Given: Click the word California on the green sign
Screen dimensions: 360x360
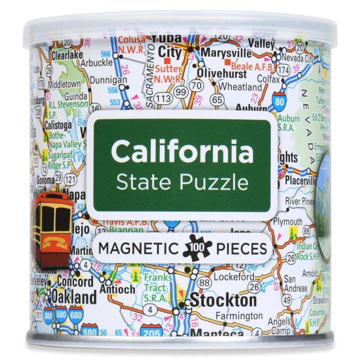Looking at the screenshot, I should coord(182,151).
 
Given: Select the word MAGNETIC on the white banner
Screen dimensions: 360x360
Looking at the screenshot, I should coord(139,248).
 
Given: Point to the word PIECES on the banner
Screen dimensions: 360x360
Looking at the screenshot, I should coord(241,248).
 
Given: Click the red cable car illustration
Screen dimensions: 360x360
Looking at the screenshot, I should coord(51,228).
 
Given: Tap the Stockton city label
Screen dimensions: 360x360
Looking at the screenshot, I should coord(222,300).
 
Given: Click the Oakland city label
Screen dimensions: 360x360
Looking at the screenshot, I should coord(73,297).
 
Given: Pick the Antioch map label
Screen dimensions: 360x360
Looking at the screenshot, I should coord(117,289).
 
